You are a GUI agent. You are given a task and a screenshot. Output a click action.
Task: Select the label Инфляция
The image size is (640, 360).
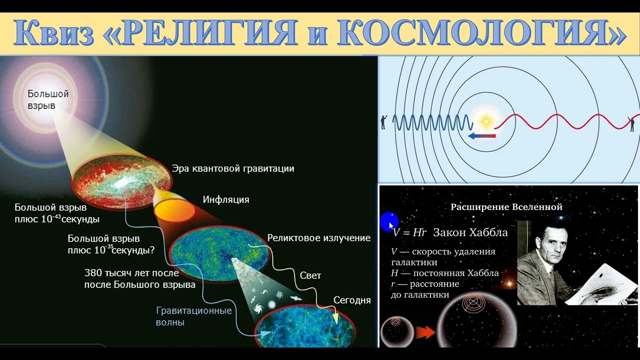[225, 199]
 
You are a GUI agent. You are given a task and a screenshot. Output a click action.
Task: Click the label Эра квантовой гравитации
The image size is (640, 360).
[233, 168]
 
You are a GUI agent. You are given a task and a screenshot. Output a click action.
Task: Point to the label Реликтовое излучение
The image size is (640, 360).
[318, 238]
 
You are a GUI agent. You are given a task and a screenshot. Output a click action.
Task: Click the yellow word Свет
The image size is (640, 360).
[310, 275]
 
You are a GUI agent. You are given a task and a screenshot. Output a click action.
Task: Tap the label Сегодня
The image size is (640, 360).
[352, 300]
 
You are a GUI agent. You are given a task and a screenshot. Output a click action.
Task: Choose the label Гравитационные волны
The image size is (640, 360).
[194, 316]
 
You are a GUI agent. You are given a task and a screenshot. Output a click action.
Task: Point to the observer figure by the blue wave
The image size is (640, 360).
[383, 121]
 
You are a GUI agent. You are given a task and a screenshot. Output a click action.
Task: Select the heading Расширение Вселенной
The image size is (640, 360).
[506, 207]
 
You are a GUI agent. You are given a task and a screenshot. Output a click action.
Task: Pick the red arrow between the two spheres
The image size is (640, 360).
[425, 332]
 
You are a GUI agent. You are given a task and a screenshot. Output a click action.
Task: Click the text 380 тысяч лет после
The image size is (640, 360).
[131, 273]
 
